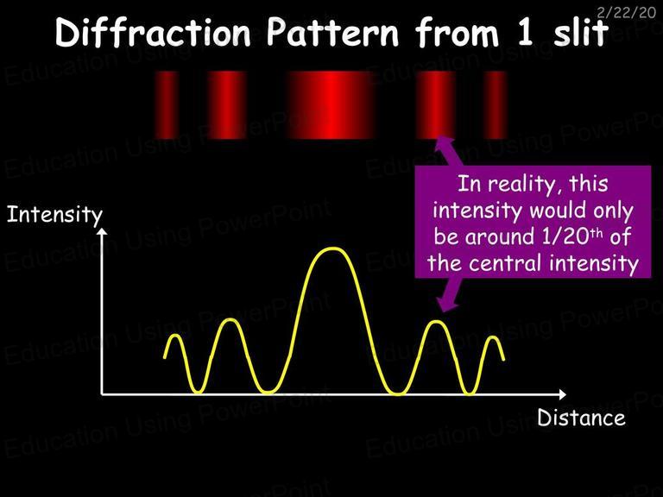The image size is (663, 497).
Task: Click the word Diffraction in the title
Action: point(153,32)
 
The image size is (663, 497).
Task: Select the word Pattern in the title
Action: point(332,32)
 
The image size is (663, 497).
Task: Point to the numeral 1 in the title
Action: point(525,32)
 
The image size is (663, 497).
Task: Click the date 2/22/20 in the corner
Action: point(626,12)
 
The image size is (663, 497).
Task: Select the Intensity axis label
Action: point(54,215)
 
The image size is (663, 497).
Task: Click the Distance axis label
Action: point(581,418)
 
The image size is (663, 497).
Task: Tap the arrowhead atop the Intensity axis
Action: point(102,231)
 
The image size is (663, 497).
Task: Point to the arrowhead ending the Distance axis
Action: point(562,394)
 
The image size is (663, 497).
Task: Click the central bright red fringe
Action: point(331,105)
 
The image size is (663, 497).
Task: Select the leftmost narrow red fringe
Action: point(167,105)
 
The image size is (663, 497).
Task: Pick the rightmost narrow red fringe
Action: point(496,105)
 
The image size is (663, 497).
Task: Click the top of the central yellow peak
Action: point(332,248)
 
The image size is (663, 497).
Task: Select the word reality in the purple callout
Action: point(521,186)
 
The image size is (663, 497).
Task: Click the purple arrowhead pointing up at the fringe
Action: point(444,142)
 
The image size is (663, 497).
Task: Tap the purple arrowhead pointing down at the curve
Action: point(446,305)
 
